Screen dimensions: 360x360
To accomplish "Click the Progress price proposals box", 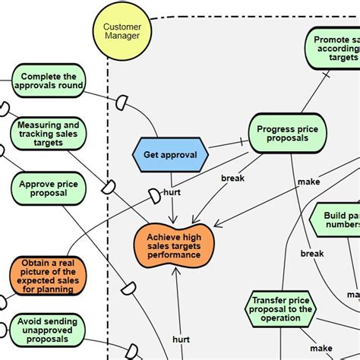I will tap(288, 133).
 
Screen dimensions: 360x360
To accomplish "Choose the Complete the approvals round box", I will tap(49, 81).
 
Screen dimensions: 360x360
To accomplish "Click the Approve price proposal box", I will tap(49, 188).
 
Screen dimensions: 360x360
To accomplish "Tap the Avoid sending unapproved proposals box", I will tap(49, 332).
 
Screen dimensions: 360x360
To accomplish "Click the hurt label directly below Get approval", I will tap(172, 193).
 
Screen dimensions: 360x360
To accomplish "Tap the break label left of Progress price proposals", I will tap(232, 178).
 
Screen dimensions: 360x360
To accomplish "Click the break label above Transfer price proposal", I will tap(311, 253).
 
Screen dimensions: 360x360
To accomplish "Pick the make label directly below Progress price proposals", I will tap(308, 182).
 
